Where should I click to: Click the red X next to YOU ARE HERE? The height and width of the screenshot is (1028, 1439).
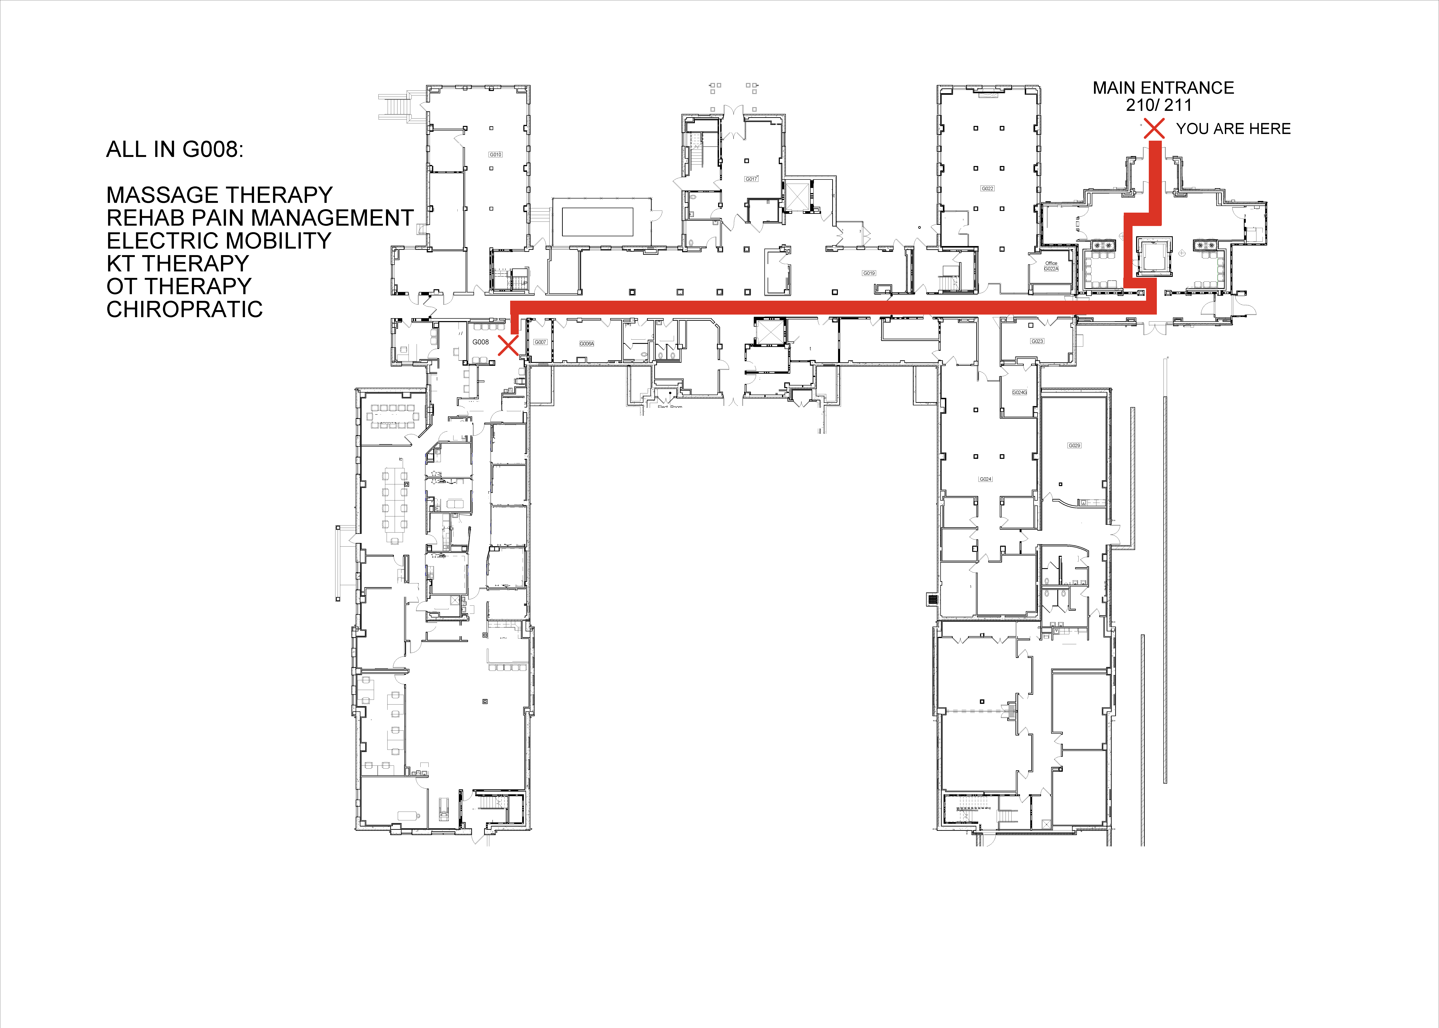(1154, 128)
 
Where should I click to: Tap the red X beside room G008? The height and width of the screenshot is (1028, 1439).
(508, 346)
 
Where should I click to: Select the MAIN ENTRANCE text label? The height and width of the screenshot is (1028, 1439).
(1163, 88)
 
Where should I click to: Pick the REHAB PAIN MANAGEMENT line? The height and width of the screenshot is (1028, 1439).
(260, 218)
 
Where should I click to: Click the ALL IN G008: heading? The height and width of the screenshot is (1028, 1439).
(175, 149)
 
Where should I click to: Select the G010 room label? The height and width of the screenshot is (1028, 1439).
(495, 154)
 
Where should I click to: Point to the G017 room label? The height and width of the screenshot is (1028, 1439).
(751, 179)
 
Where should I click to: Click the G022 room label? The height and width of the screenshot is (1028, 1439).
(987, 189)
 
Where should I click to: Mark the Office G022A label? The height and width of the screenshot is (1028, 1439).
(1051, 266)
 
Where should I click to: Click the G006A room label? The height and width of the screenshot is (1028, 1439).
(587, 344)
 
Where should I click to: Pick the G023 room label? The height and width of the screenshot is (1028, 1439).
(1037, 341)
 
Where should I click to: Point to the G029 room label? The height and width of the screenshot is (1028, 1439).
(1074, 446)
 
